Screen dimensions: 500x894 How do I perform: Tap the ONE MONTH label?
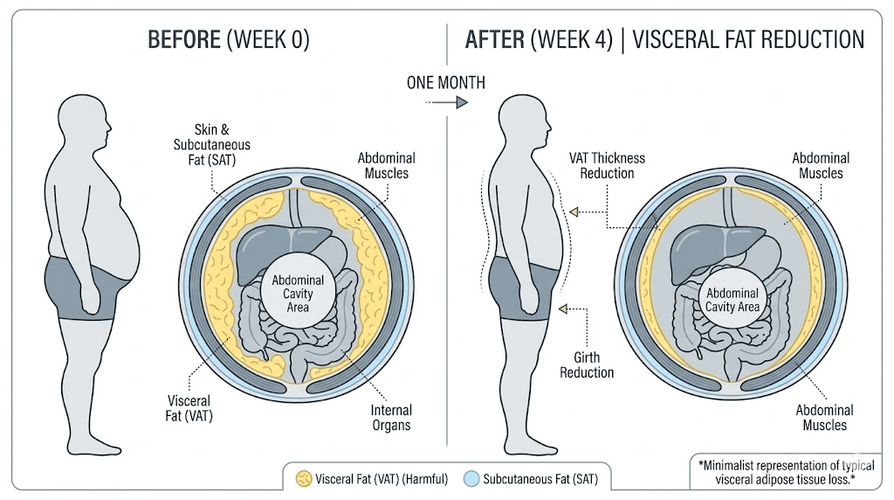click(x=446, y=82)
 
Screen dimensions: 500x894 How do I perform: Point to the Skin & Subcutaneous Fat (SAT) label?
click(x=211, y=143)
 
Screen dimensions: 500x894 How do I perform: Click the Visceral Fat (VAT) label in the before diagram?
click(x=190, y=408)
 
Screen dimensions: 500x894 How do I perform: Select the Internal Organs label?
click(x=389, y=418)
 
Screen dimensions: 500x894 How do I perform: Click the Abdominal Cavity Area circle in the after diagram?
click(x=732, y=299)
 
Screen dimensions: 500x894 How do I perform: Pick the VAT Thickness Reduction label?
click(x=606, y=165)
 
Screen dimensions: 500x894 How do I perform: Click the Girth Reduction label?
click(x=594, y=365)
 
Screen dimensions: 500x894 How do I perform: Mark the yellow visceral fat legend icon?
click(x=305, y=478)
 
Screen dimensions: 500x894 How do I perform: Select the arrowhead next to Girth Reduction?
click(x=563, y=309)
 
